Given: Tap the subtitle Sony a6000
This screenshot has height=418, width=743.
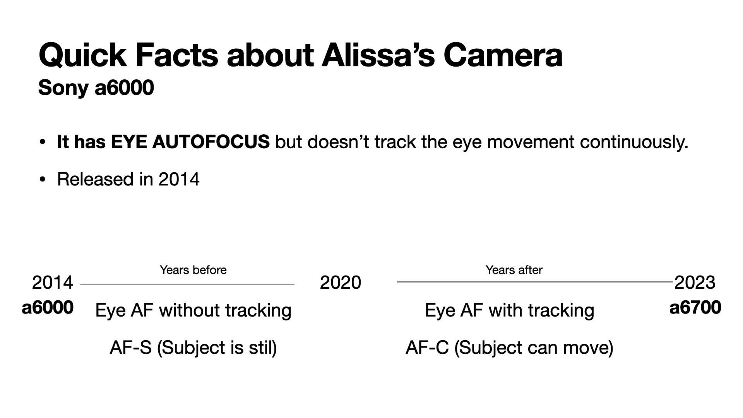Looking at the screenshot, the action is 96,87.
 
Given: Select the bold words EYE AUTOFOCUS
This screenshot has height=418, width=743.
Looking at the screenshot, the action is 190,142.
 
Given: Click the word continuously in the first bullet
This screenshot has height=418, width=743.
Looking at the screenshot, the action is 634,142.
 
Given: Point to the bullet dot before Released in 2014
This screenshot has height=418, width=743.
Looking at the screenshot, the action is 43,179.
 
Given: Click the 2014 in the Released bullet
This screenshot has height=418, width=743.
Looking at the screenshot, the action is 179,179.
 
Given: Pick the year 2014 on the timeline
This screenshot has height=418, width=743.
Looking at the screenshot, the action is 52,283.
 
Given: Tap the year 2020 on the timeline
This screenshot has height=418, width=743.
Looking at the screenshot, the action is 341,283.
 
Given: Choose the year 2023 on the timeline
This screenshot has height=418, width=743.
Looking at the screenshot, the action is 695,283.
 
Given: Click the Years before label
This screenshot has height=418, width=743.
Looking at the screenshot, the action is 193,270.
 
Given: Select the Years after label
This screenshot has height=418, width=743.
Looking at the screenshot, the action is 514,270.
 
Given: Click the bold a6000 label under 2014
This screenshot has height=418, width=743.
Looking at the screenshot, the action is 48,308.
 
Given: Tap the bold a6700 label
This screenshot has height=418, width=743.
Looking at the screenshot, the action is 695,308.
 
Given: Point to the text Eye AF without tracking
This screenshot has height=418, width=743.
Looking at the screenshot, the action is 193,310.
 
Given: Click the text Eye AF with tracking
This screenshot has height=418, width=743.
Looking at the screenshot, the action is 509,310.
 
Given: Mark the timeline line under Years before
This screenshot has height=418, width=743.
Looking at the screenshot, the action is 187,284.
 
